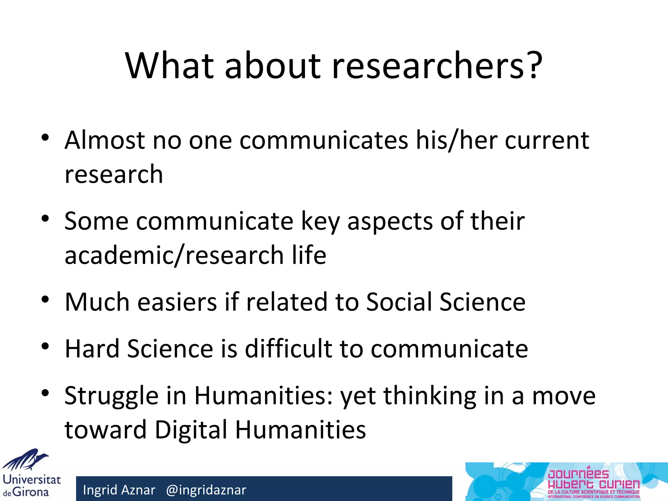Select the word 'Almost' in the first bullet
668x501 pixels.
tap(105, 140)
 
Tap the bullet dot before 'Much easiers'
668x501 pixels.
tap(45, 299)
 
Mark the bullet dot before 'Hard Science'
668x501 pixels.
tap(45, 346)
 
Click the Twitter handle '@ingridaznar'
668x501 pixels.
tap(206, 490)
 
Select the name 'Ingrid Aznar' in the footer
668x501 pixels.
tap(119, 490)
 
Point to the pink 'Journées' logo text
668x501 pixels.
tap(578, 474)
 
